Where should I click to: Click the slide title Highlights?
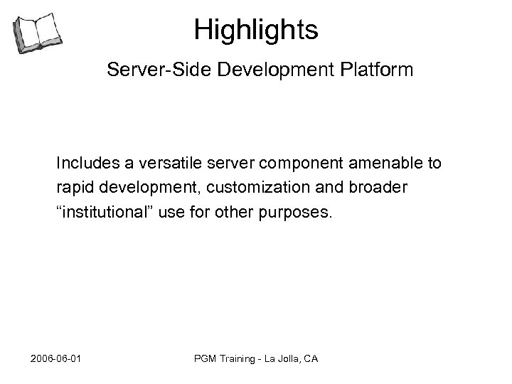click(256, 30)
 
